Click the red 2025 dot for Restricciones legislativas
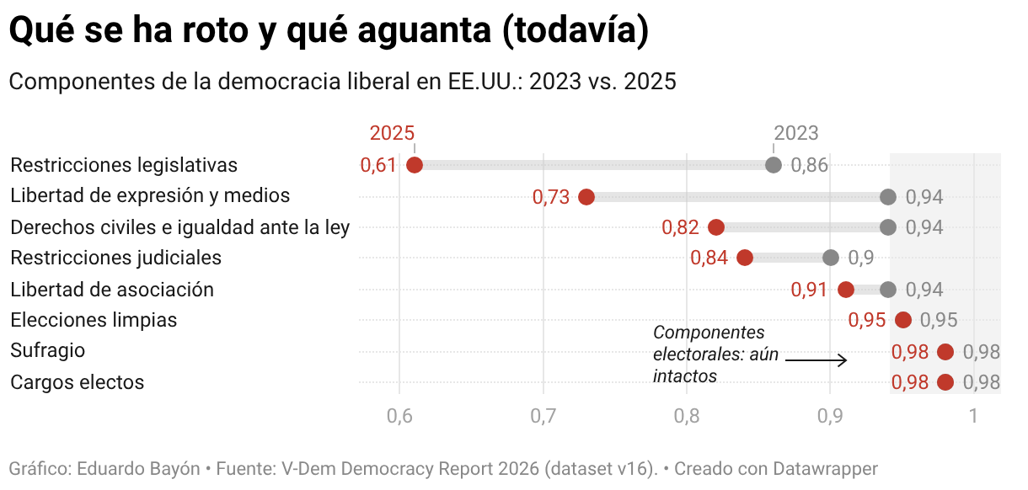coord(414,165)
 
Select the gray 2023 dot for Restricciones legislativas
coord(774,165)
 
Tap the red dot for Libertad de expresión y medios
coord(586,197)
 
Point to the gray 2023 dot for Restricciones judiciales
coord(831,258)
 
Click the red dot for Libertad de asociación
coord(846,290)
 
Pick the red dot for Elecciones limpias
coord(903,320)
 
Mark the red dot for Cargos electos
coord(945,382)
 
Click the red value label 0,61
coord(378,165)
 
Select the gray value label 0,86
coord(810,165)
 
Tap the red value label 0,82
coord(680,227)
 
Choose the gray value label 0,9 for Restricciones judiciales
coord(861,258)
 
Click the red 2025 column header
coord(393,133)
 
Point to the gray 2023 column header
coord(796,133)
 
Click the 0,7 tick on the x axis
coord(543,416)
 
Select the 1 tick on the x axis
coord(973,416)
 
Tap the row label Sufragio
coord(48,351)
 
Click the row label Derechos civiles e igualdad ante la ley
coord(179,226)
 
